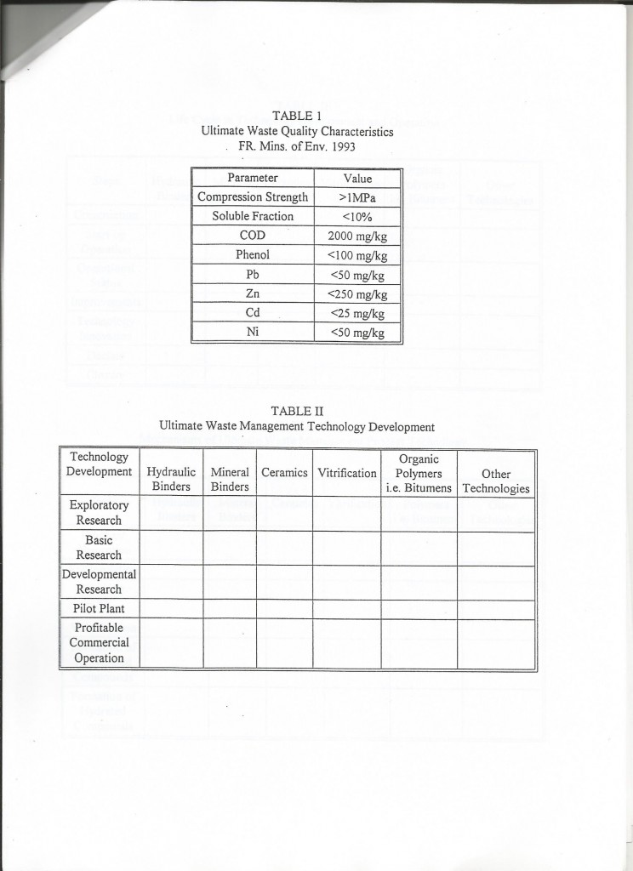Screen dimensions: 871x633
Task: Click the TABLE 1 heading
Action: pos(296,116)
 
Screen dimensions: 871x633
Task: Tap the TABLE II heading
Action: pos(296,411)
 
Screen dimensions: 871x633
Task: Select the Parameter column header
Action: pos(253,179)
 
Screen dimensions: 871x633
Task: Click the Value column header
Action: pos(357,179)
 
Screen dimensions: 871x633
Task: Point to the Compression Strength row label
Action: pos(253,197)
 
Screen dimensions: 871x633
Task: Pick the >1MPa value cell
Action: pos(357,197)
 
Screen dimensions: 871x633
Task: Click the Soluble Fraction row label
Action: pos(253,216)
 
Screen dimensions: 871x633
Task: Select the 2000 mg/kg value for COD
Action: pos(357,236)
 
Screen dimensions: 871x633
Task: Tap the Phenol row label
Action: pos(253,254)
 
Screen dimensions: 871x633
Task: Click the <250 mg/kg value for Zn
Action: pos(357,294)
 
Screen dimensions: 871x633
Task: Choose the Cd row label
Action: pos(253,313)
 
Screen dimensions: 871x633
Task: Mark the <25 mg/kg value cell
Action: pos(357,313)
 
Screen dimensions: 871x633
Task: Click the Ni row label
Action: pos(253,333)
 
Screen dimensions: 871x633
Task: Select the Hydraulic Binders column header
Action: pos(171,479)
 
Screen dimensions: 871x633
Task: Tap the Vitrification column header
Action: pos(346,472)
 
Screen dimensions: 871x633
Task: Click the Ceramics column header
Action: pos(284,472)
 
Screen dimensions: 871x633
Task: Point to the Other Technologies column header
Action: pos(495,481)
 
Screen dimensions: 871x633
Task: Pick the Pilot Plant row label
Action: pos(99,609)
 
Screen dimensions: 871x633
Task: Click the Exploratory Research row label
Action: pos(99,512)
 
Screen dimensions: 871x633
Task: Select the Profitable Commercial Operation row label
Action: pos(99,642)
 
